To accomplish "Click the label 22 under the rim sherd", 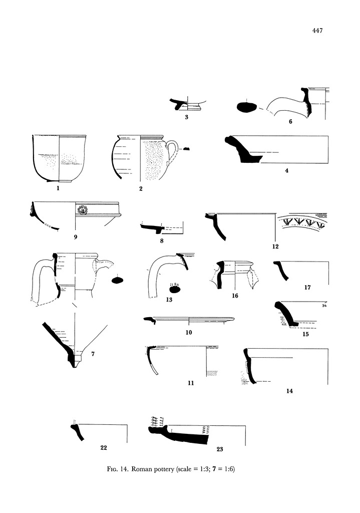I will click(x=104, y=447).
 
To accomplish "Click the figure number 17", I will click(x=307, y=288).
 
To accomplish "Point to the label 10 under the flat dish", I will click(x=189, y=332).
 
